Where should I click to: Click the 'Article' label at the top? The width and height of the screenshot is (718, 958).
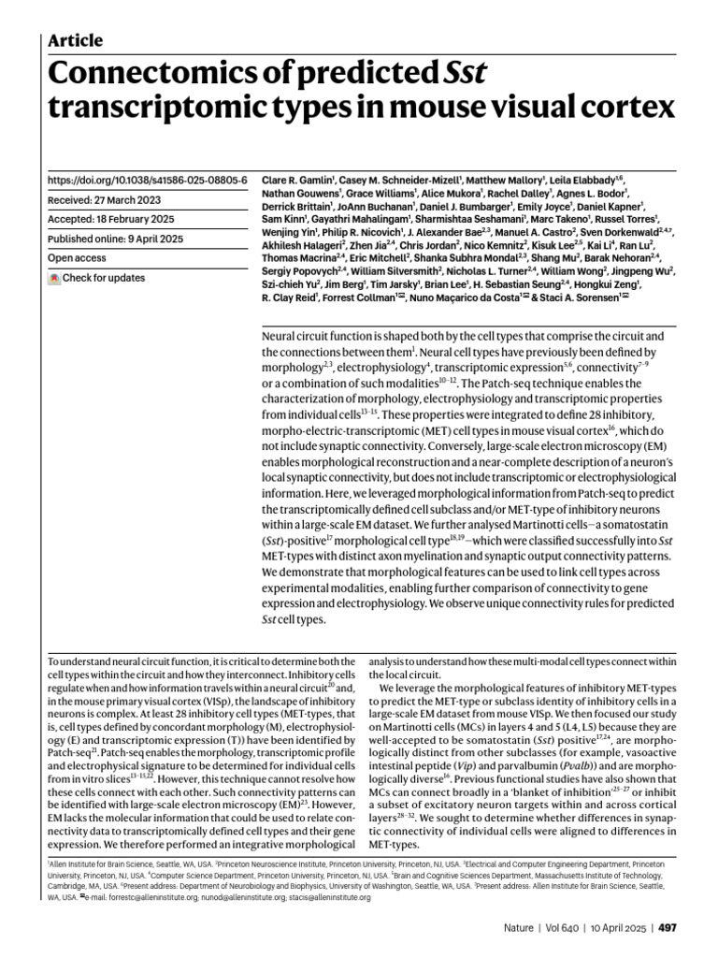pos(75,40)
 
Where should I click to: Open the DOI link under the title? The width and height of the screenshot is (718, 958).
pos(147,179)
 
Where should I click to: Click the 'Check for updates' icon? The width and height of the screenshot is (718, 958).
pos(55,278)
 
